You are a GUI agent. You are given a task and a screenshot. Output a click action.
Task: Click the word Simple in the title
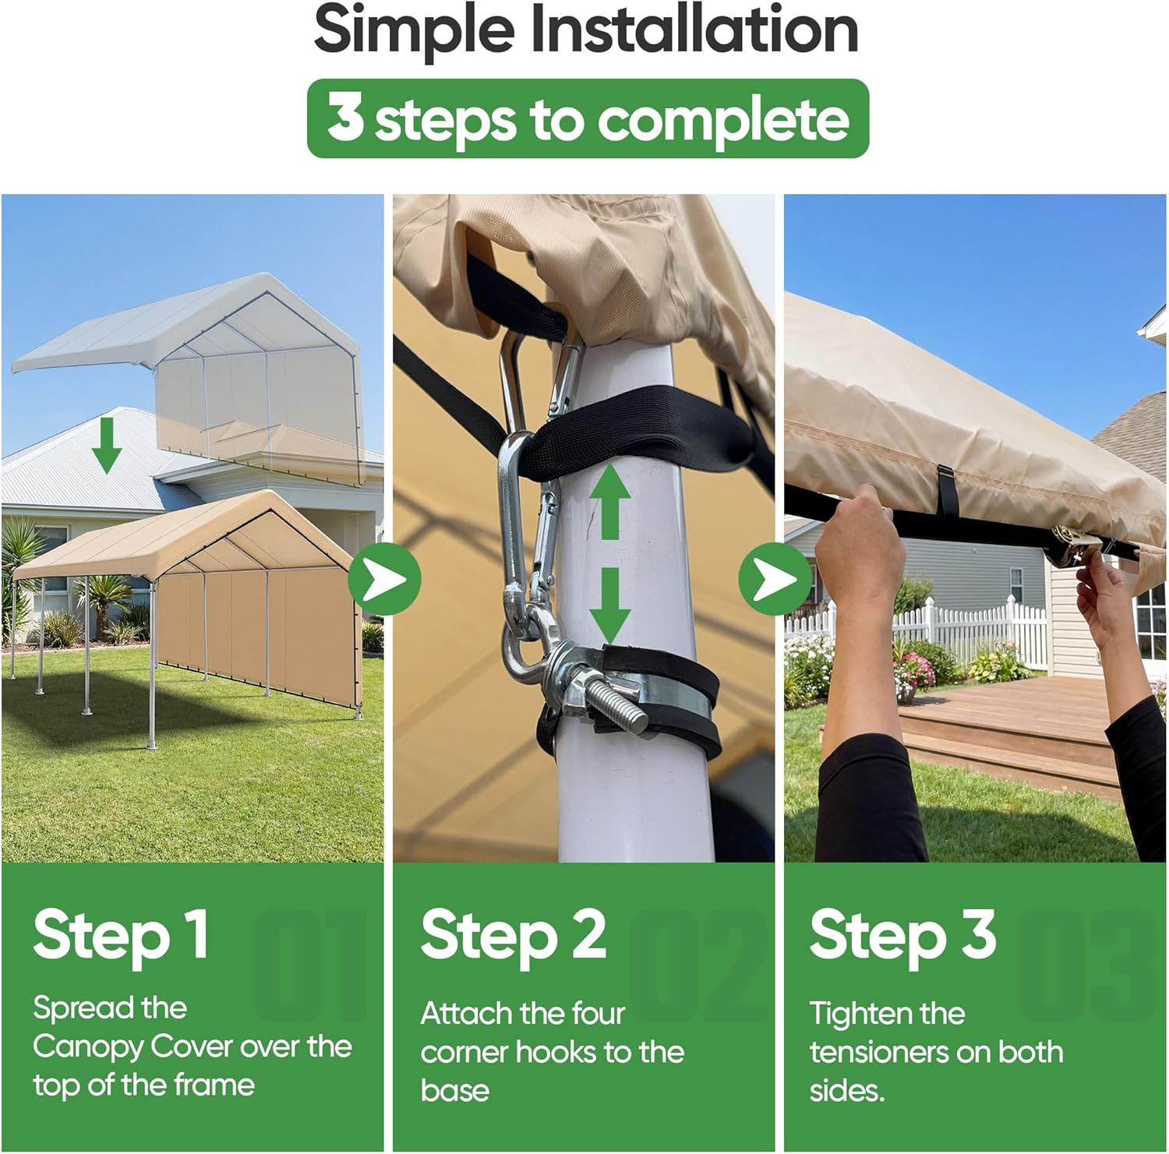[415, 30]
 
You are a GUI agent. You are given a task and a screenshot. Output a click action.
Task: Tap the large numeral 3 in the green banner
[345, 118]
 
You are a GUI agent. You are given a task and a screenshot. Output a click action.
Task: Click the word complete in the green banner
[723, 121]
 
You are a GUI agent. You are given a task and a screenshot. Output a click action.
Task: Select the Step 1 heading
[121, 935]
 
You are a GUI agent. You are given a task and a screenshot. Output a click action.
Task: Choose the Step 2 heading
[514, 935]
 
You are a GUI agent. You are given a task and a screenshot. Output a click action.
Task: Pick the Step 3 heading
[902, 935]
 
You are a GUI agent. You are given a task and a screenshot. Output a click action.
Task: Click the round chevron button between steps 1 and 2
[384, 579]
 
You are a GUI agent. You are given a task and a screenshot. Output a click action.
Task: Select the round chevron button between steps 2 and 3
[775, 579]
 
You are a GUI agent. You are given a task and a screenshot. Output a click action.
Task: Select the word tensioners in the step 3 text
[877, 1052]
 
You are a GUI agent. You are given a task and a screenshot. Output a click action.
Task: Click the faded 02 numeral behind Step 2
[698, 964]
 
